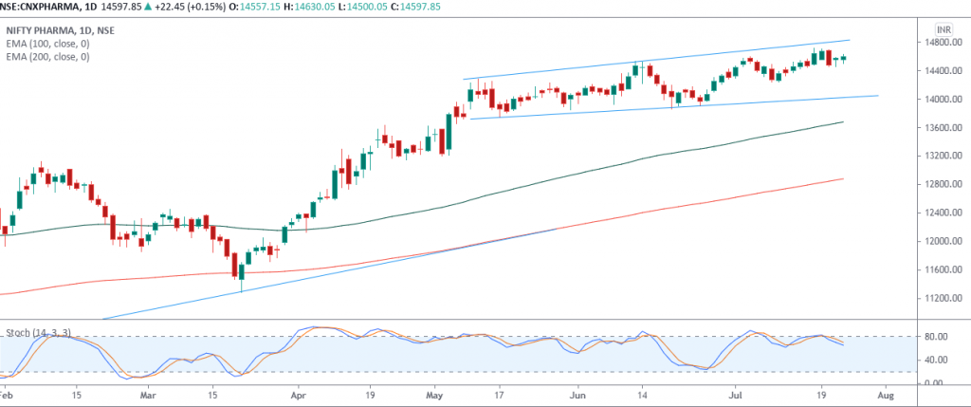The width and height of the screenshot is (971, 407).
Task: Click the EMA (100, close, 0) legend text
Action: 48,44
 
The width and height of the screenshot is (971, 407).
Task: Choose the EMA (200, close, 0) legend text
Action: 48,57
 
